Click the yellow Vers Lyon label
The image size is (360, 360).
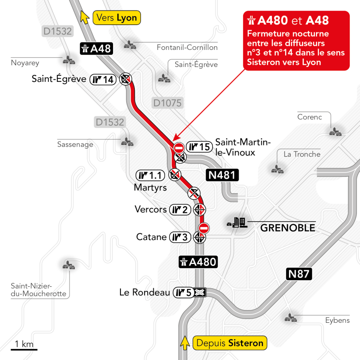click(116, 18)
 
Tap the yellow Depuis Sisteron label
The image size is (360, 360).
click(229, 343)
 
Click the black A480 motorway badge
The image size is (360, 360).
click(198, 262)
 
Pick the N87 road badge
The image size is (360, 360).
click(299, 275)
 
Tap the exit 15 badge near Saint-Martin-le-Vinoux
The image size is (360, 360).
click(198, 146)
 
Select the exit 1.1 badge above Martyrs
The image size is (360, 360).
click(150, 176)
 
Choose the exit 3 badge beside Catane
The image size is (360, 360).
click(180, 237)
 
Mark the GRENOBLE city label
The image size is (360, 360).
click(288, 228)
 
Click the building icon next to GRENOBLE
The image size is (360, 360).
click(237, 223)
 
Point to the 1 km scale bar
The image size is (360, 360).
click(24, 349)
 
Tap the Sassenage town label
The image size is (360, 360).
click(75, 144)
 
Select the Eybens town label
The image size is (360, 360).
click(337, 320)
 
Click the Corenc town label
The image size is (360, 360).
click(309, 117)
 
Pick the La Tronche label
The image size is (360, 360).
click(302, 154)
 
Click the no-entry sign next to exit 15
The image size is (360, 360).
click(179, 147)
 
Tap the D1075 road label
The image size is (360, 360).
click(167, 103)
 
